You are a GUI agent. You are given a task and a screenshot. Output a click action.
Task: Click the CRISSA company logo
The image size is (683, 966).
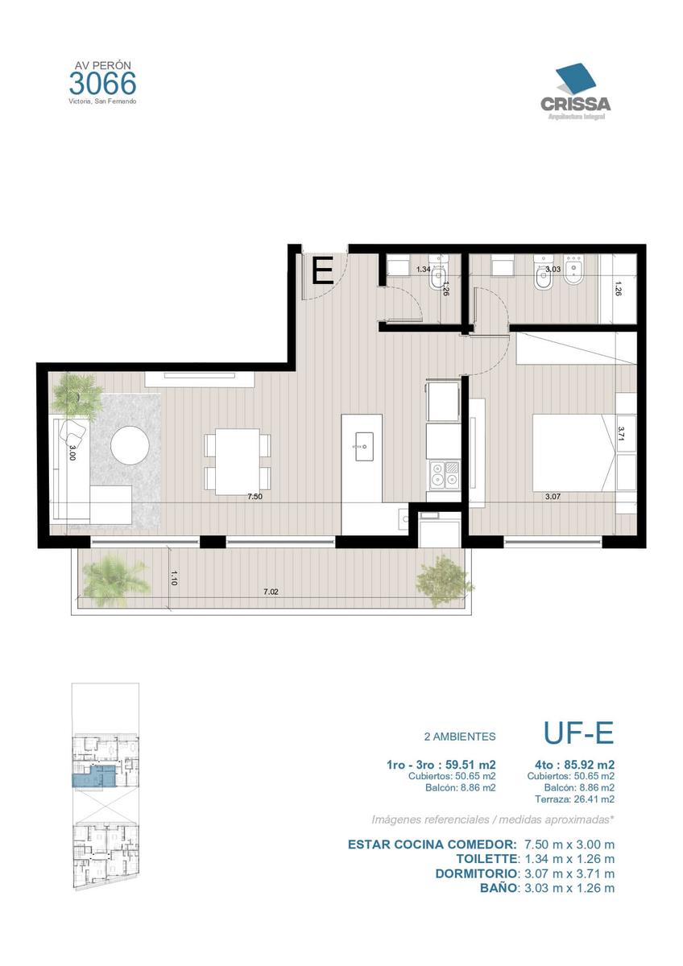tap(575, 93)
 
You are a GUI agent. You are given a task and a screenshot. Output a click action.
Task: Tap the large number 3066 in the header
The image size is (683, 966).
tap(102, 84)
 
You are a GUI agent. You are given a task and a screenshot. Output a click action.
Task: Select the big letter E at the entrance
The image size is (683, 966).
tap(323, 270)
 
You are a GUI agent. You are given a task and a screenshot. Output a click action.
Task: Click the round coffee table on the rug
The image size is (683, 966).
tap(130, 445)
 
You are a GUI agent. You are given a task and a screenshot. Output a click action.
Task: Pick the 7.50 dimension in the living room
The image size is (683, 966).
tap(255, 497)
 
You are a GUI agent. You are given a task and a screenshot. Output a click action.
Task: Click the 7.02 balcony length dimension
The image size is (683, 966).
tap(271, 592)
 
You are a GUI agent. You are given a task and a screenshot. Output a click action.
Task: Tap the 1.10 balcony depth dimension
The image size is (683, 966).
tap(173, 578)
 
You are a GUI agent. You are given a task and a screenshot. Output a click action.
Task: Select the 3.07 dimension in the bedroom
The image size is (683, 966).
tap(553, 497)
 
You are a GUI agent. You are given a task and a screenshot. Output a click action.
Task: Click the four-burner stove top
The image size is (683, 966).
tap(445, 475)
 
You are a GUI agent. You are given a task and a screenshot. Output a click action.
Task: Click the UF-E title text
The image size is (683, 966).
tap(578, 733)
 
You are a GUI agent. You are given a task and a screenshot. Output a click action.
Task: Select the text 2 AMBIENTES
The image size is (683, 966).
tap(460, 737)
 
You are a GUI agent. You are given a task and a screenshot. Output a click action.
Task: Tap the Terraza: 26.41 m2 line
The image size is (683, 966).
tap(575, 799)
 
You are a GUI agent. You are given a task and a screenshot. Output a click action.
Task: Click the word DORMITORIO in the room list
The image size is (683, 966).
tap(476, 873)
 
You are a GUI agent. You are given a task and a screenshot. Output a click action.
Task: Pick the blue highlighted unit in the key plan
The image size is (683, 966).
tap(94, 777)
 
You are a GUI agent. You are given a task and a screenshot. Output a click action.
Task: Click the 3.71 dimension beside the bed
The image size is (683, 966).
tap(621, 434)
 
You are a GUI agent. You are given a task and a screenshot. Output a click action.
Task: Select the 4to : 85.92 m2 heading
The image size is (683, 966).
tap(574, 765)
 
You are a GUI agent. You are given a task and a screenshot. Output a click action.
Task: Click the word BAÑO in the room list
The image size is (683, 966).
tap(499, 888)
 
